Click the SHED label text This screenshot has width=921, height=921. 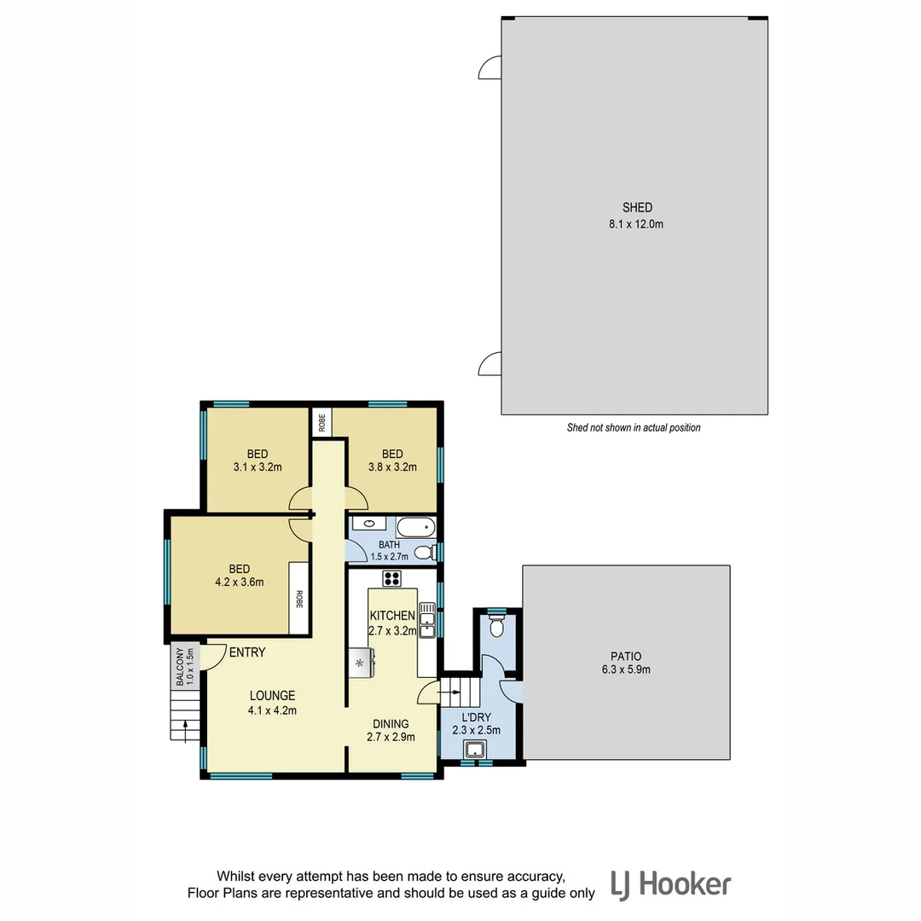coord(637,207)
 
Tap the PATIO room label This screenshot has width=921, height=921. coord(625,657)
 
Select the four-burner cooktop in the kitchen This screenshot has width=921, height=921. coord(392,579)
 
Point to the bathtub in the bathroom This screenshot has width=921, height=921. coord(415,528)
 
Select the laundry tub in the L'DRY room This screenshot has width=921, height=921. coord(474,750)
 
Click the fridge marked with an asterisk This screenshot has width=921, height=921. coord(360,662)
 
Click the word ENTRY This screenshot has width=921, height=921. coord(246,652)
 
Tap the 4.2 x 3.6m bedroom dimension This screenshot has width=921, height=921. coord(239,582)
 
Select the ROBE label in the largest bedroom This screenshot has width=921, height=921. coord(299,600)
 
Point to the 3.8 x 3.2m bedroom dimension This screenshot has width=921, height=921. coord(392,466)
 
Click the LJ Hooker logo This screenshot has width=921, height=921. coord(670,884)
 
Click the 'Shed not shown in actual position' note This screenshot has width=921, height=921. coord(634,428)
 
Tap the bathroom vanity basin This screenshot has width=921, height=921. coord(369,524)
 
